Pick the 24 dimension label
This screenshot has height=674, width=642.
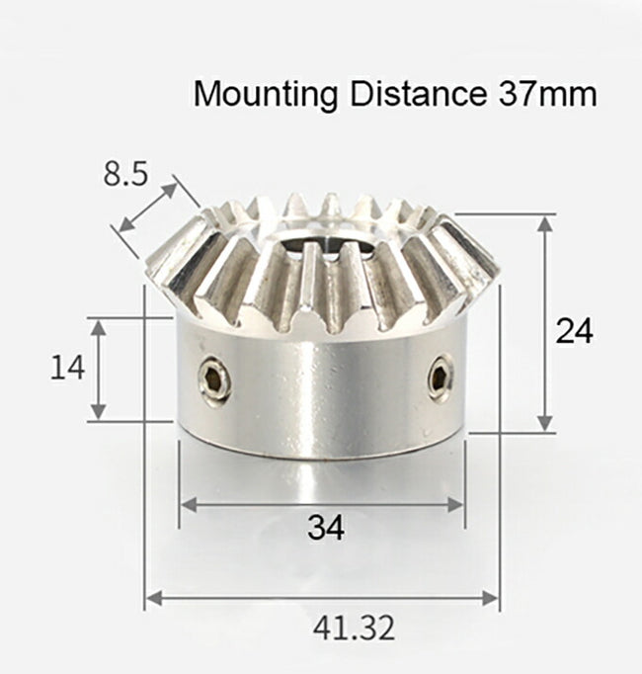pos(574,331)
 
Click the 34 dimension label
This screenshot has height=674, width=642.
pos(325,529)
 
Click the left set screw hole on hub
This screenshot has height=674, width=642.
pos(213,379)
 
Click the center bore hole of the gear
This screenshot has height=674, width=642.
pos(316,239)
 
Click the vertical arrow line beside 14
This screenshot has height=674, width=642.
pos(98,369)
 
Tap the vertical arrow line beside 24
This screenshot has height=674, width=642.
pos(544,324)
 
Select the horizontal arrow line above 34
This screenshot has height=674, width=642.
pos(322,504)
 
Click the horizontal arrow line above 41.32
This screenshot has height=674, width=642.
pos(322,597)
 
